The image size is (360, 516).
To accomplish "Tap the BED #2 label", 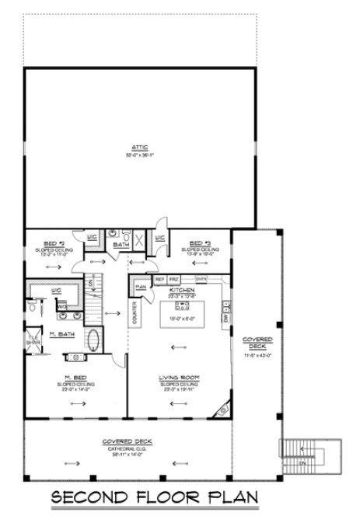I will point(49,243).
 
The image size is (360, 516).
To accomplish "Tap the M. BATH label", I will point(62,335).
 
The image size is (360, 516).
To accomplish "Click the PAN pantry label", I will point(141,286).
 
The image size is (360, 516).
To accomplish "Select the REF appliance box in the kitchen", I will point(159,278).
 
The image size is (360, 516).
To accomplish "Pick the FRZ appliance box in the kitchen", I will point(175,278).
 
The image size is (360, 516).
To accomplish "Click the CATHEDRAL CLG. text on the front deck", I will point(128,446).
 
